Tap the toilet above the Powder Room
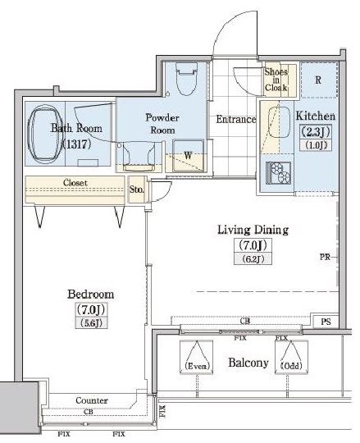tap(186, 79)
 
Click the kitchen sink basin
tap(279, 122)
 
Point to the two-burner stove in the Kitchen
tap(278, 172)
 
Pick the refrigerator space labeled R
tap(318, 80)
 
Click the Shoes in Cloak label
tap(276, 80)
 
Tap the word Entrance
tap(236, 119)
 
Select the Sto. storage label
tap(137, 189)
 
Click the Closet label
tap(75, 182)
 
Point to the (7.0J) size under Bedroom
tap(91, 309)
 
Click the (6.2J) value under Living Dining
tap(253, 258)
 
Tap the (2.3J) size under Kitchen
tap(316, 131)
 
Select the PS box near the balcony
tap(326, 322)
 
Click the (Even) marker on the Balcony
tap(197, 366)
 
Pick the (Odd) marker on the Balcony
tap(291, 366)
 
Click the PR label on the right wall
tap(325, 257)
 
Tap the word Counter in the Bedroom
tap(92, 400)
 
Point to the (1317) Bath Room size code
tap(76, 144)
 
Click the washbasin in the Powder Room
tap(139, 156)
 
